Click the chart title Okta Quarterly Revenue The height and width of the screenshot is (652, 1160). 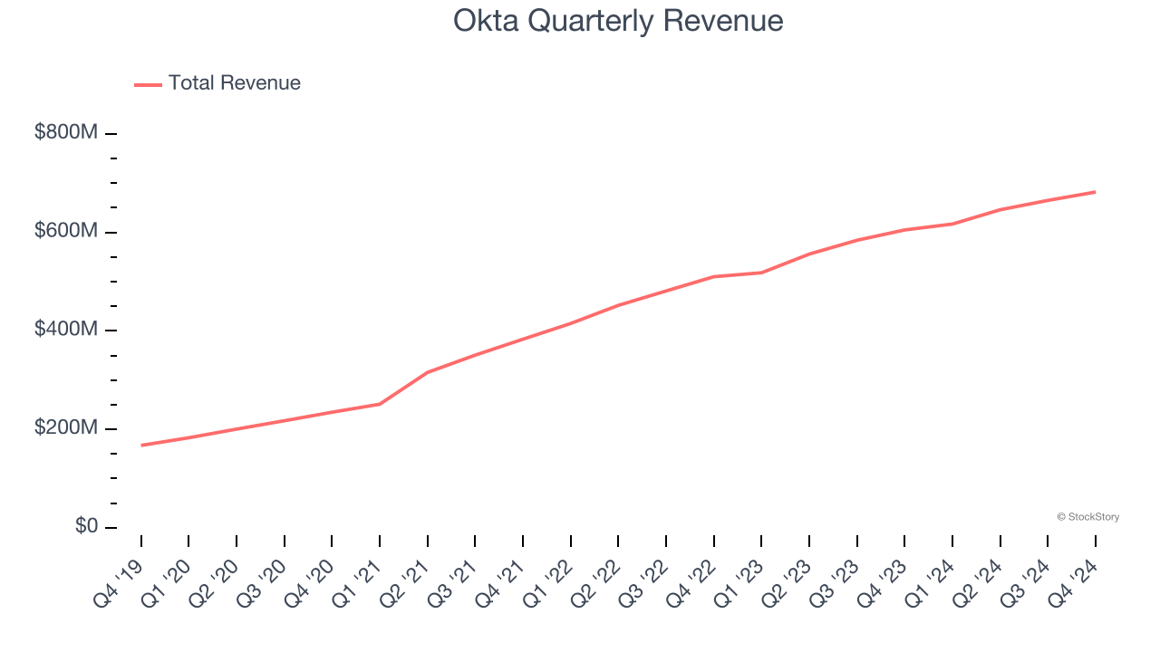(618, 21)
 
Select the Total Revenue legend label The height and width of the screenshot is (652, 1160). (234, 83)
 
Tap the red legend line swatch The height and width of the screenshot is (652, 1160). (149, 84)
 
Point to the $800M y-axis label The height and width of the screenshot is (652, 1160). (66, 132)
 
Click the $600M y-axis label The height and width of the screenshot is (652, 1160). (66, 231)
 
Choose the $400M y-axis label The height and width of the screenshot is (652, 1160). (66, 330)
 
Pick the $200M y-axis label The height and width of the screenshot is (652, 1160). (66, 428)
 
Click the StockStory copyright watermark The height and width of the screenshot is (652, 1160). (1087, 517)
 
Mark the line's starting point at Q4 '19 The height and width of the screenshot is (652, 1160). (141, 445)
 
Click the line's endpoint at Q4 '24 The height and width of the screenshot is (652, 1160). (1095, 192)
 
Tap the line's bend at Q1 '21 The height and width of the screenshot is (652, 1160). (380, 404)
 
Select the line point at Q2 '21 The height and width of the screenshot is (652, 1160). (428, 372)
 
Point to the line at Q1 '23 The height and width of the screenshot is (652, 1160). (761, 273)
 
